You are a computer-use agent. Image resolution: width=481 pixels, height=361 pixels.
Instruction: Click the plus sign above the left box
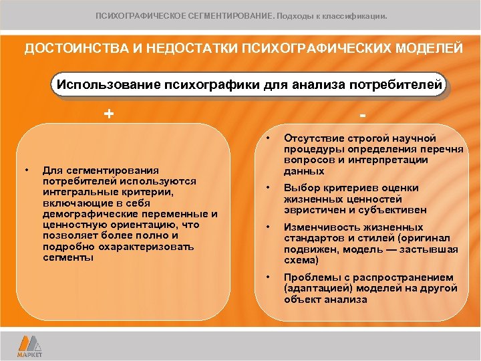108,113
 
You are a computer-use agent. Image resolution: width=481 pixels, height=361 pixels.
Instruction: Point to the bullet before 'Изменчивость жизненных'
268,227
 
